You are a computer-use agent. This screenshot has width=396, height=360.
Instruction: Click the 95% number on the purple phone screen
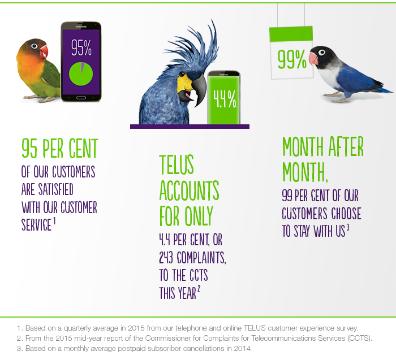pyautogui.click(x=81, y=47)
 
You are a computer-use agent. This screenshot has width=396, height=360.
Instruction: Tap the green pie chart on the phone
pyautogui.click(x=81, y=74)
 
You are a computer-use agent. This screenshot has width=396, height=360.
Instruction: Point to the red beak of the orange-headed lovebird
pyautogui.click(x=44, y=51)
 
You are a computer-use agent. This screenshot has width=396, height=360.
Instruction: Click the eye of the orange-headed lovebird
pyautogui.click(x=35, y=46)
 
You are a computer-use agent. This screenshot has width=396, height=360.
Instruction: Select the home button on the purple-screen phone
pyautogui.click(x=81, y=98)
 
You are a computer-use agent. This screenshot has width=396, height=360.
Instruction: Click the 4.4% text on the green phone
pyautogui.click(x=225, y=99)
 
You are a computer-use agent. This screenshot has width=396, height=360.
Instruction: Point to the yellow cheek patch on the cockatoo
pyautogui.click(x=184, y=83)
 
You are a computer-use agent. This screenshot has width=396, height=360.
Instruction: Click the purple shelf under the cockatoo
pyautogui.click(x=190, y=127)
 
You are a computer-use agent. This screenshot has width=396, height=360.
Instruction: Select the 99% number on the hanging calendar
pyautogui.click(x=292, y=59)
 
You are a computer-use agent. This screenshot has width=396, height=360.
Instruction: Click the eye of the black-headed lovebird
pyautogui.click(x=321, y=52)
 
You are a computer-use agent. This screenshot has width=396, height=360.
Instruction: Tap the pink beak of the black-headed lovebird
pyautogui.click(x=313, y=59)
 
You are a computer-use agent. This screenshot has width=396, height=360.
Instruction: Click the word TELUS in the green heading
pyautogui.click(x=177, y=164)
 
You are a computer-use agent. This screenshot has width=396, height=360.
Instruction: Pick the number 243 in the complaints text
pyautogui.click(x=166, y=257)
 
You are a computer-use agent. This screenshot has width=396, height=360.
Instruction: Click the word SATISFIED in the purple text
pyautogui.click(x=56, y=189)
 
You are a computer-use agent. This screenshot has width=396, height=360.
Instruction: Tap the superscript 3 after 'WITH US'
pyautogui.click(x=348, y=228)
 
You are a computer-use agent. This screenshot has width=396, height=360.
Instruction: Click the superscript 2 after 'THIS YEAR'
pyautogui.click(x=199, y=289)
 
